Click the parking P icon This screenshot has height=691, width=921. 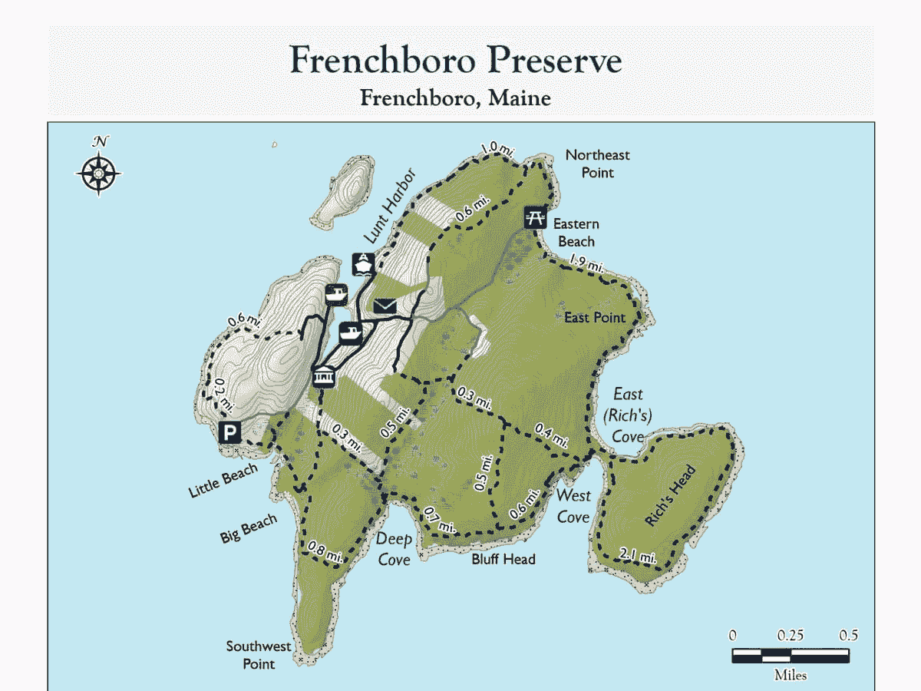229,433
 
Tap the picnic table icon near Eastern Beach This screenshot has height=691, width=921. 535,217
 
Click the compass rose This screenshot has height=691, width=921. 100,171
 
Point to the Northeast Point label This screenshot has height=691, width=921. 597,164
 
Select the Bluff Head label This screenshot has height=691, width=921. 503,559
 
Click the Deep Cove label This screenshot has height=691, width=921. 394,549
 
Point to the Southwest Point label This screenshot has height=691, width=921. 259,655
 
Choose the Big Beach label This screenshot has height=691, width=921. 249,530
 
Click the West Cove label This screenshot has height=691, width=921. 573,506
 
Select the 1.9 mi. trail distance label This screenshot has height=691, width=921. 585,266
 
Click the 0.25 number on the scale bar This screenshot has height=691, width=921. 791,636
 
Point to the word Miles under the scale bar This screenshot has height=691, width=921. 791,676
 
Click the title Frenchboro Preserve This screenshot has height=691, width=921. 456,60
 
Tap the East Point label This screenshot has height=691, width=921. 595,317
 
